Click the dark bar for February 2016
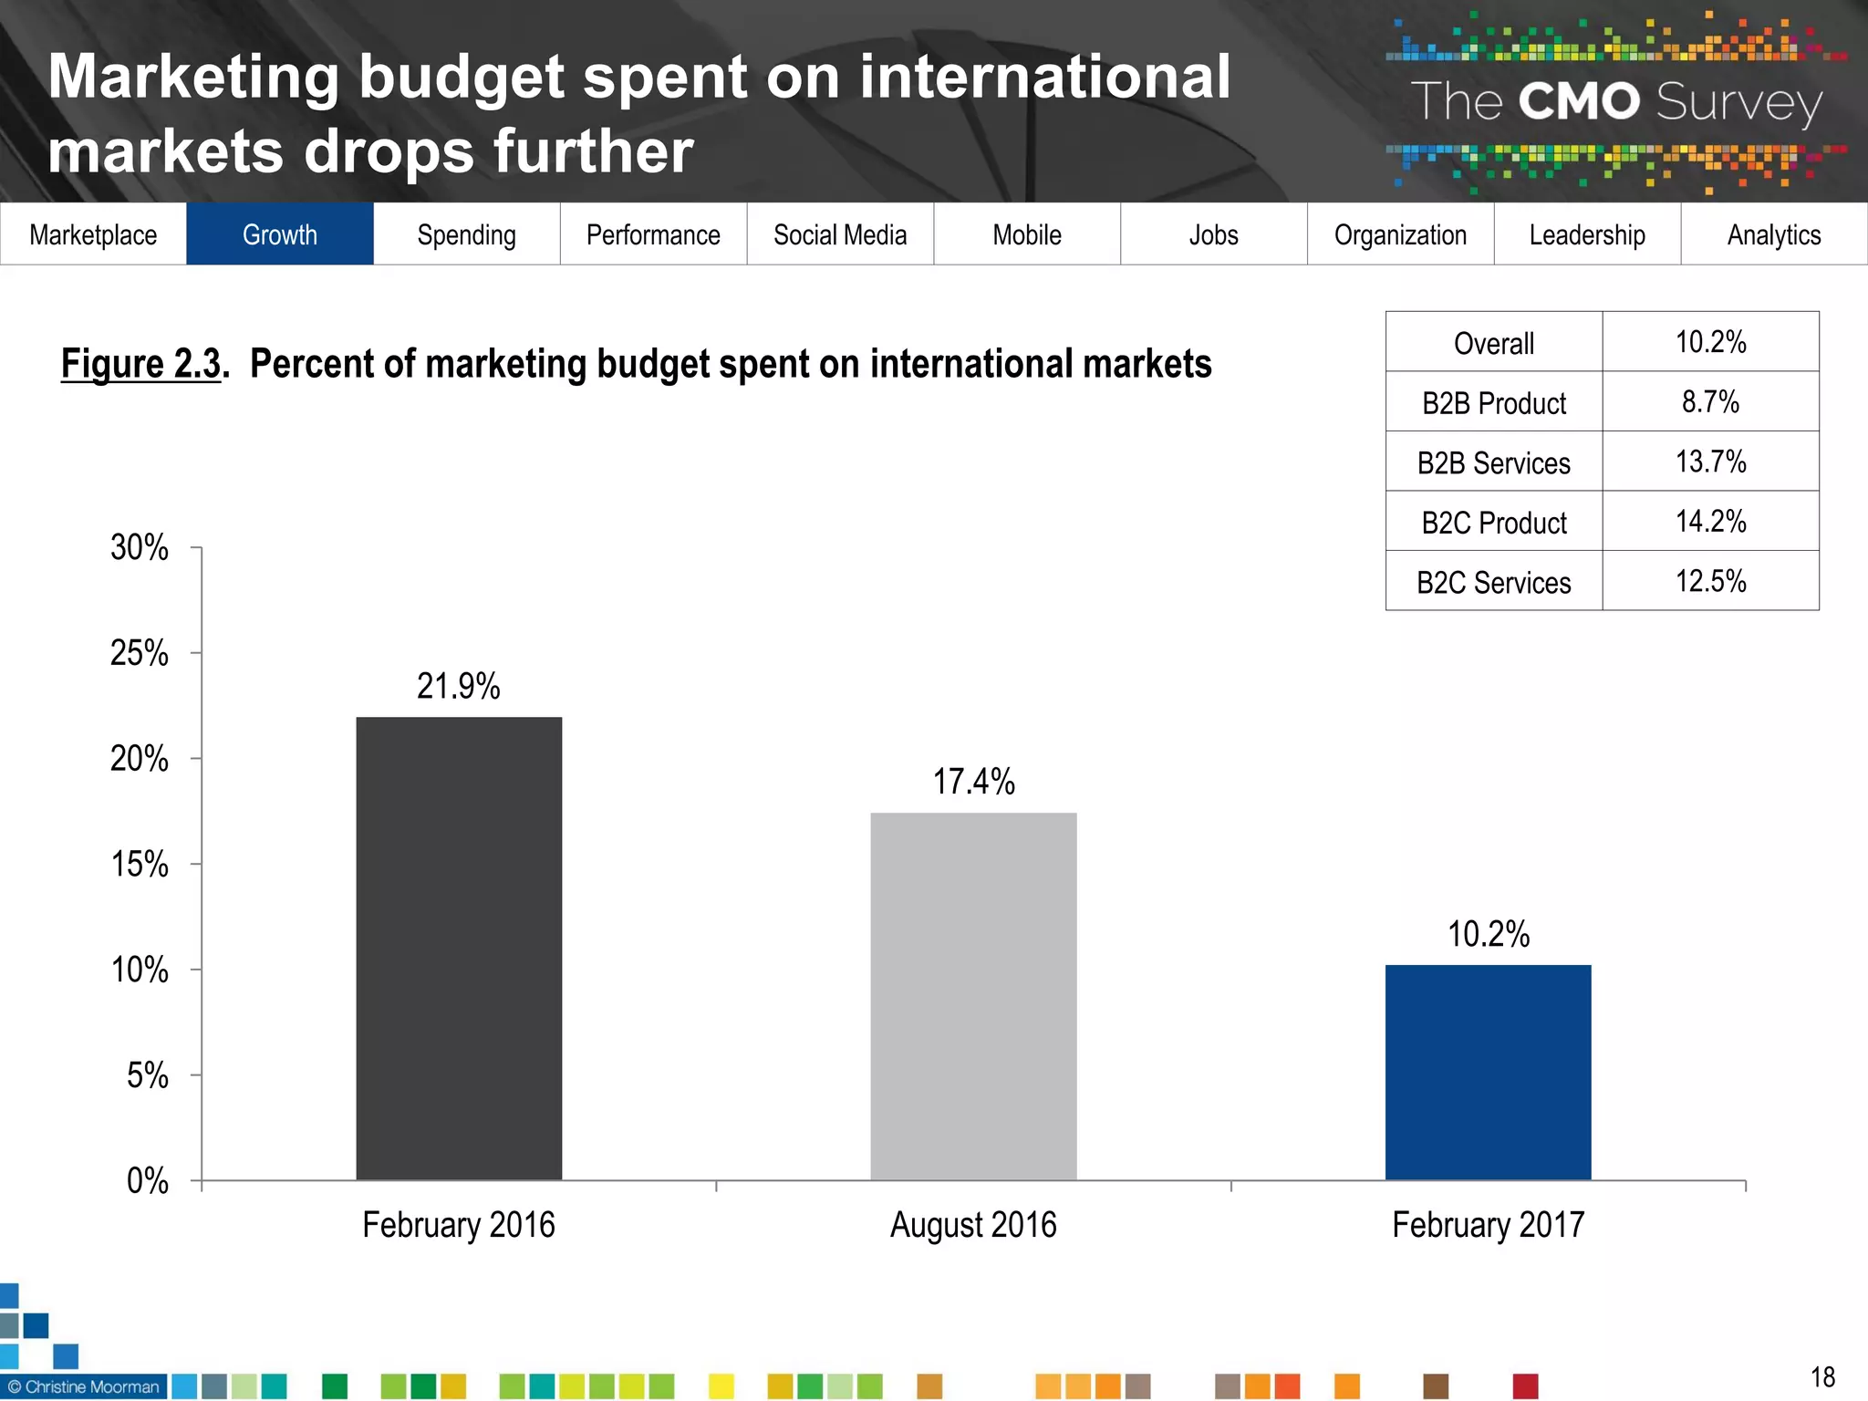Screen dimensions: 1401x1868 (x=459, y=949)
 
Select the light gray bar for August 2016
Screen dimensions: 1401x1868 (x=973, y=996)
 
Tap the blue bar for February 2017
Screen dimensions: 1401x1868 (x=1488, y=1073)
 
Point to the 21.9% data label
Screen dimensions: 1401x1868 (x=459, y=687)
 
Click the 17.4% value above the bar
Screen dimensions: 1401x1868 (x=973, y=783)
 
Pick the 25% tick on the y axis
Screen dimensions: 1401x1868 (x=140, y=653)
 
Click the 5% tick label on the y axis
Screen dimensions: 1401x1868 (x=148, y=1075)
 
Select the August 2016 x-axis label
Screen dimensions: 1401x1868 (x=973, y=1225)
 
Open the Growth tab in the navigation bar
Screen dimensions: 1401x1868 (x=280, y=234)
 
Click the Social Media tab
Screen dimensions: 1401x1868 (x=840, y=234)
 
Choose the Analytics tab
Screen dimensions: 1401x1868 (x=1774, y=234)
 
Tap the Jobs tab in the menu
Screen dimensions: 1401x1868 (x=1213, y=234)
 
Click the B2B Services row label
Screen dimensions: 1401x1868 (x=1493, y=463)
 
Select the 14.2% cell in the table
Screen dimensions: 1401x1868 (x=1710, y=521)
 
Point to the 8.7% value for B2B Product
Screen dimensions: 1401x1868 (x=1710, y=401)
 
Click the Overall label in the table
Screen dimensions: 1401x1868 (x=1493, y=344)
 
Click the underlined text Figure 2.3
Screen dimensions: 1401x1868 (x=141, y=364)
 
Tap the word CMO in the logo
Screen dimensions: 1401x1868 (x=1579, y=101)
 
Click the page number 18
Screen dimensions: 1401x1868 (x=1822, y=1376)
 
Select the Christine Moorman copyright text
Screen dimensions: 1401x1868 (x=84, y=1386)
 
